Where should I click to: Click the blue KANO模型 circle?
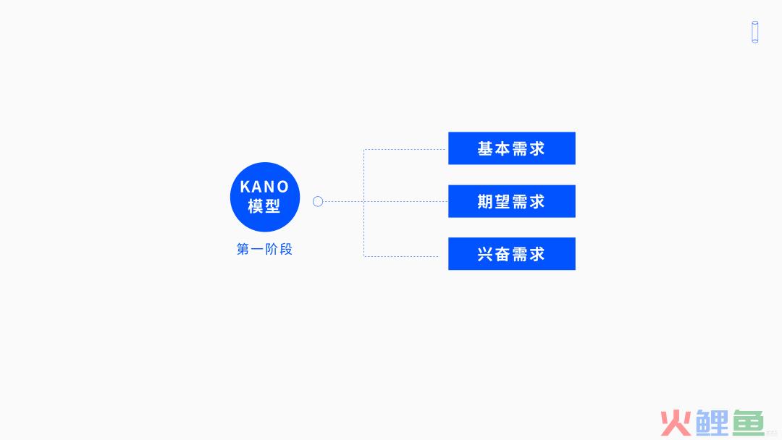(x=265, y=197)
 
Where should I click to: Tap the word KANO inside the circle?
(x=264, y=187)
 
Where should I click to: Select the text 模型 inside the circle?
(x=264, y=206)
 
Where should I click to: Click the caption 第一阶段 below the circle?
(x=264, y=249)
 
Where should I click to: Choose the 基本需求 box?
(x=512, y=148)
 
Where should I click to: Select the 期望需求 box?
(x=512, y=201)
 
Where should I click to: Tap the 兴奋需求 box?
(x=512, y=253)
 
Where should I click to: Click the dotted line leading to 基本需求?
(x=405, y=149)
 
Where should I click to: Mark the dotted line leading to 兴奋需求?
(x=401, y=256)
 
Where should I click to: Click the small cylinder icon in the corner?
(x=755, y=32)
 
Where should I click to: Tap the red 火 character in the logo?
(x=676, y=423)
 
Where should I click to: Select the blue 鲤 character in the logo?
(x=712, y=423)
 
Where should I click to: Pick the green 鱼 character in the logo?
(x=748, y=423)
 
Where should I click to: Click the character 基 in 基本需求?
(x=485, y=148)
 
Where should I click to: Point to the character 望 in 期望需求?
(x=503, y=201)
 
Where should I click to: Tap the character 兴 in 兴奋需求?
(x=485, y=254)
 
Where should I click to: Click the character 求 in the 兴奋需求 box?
(x=537, y=254)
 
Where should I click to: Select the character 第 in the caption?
(x=243, y=249)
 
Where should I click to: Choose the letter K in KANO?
(x=245, y=187)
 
